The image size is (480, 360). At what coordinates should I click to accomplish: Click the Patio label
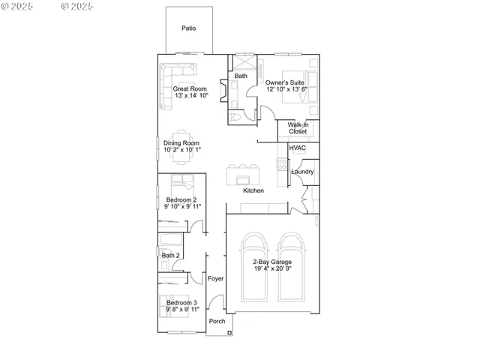[188, 28]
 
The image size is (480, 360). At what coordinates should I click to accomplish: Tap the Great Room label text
[190, 88]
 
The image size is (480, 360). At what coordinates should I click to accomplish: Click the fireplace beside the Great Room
[223, 88]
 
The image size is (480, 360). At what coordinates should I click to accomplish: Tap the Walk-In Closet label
[298, 128]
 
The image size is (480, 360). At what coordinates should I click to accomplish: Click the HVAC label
[297, 148]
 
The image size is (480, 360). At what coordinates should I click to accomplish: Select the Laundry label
[301, 172]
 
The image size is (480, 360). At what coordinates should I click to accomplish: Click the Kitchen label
[253, 191]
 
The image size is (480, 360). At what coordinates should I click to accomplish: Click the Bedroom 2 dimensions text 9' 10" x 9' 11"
[183, 206]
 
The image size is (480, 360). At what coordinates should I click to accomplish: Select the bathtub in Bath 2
[171, 241]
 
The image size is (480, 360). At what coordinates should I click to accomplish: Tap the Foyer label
[216, 278]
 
